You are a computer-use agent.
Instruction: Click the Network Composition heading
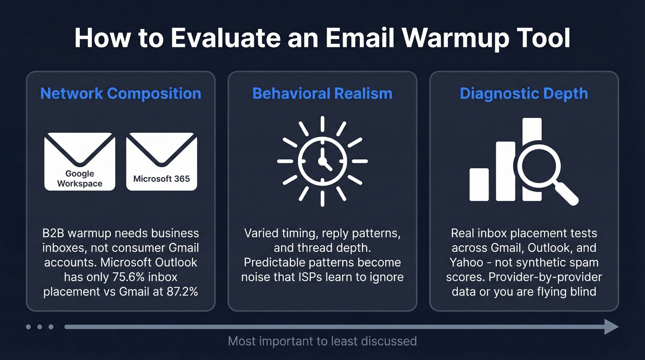[121, 94]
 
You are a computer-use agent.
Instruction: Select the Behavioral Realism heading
[322, 94]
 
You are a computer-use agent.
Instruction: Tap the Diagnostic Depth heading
[524, 94]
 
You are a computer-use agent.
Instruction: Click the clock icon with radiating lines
[322, 161]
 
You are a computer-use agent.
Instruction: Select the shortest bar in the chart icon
[479, 184]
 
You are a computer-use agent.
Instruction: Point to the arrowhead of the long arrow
[611, 327]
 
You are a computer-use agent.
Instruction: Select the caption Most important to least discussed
[322, 342]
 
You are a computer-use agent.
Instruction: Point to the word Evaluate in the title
[223, 38]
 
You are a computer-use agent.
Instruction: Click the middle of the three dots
[40, 327]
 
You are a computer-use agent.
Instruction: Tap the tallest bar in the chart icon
[532, 138]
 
